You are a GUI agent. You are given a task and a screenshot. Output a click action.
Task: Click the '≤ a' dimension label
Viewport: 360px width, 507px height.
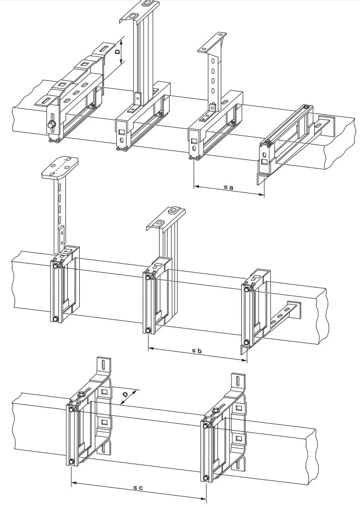[x=228, y=187]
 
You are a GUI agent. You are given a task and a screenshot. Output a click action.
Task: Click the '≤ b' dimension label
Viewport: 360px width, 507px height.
[x=196, y=351]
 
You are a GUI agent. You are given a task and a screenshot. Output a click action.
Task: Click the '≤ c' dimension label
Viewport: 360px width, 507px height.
[x=138, y=488]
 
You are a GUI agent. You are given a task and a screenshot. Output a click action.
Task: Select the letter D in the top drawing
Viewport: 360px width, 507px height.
[x=118, y=51]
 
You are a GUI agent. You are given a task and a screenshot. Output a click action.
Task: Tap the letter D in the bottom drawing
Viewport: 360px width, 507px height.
[x=126, y=394]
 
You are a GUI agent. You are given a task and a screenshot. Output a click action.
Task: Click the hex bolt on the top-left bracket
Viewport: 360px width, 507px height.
[x=50, y=125]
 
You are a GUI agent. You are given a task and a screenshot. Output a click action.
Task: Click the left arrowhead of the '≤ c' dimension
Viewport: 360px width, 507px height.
[x=74, y=483]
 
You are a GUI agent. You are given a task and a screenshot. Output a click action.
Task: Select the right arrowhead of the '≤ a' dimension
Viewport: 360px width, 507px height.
[x=261, y=194]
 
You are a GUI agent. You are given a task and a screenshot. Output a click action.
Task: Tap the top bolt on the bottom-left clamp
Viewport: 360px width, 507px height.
[x=72, y=410]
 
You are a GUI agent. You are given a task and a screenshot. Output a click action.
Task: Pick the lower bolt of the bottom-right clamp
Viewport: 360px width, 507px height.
[x=206, y=478]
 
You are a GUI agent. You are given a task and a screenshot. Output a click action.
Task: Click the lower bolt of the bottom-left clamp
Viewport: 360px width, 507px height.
[x=71, y=461]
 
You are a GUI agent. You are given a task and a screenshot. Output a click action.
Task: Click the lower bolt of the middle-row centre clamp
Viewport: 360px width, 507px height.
[x=148, y=330]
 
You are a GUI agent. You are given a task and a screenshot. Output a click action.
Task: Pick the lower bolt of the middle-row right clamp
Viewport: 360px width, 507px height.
[x=247, y=342]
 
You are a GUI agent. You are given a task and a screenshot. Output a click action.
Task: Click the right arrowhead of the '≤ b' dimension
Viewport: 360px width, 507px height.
[x=244, y=359]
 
